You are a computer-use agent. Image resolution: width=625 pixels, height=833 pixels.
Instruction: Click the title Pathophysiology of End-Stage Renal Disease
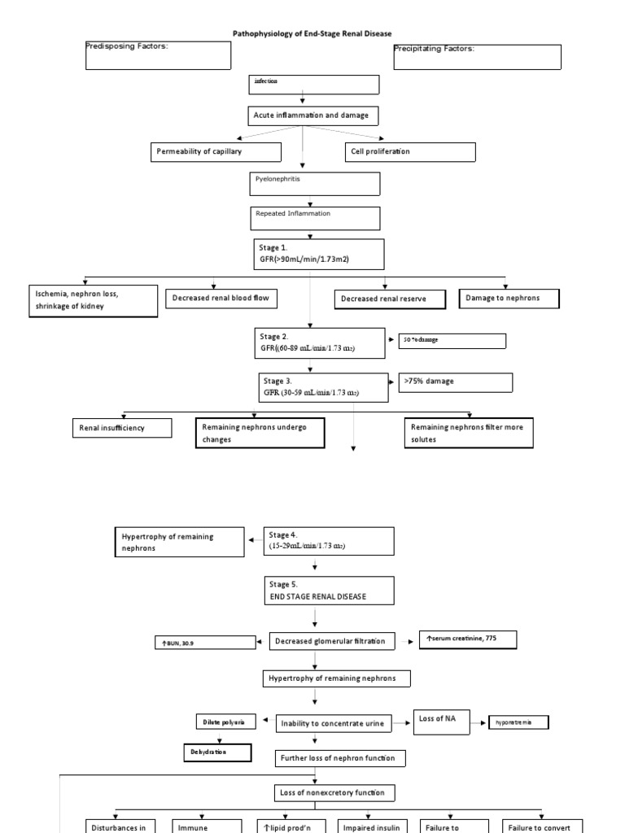312,33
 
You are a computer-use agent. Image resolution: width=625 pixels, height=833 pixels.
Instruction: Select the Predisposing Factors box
158,55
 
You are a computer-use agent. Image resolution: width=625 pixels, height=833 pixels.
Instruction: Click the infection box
314,85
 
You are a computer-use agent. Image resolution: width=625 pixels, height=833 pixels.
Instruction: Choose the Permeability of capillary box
216,152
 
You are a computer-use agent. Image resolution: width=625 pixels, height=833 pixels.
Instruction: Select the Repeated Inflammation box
314,218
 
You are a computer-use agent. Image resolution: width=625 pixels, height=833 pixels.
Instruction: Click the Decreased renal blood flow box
221,299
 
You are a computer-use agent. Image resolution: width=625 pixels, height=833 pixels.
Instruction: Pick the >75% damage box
456,382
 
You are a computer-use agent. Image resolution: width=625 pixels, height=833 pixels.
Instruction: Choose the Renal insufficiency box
122,428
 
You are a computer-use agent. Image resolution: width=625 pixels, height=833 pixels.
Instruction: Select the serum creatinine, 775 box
467,639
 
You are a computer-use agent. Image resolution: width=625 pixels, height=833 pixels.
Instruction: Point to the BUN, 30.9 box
204,643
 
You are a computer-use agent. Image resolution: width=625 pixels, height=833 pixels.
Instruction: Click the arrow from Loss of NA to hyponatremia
481,722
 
